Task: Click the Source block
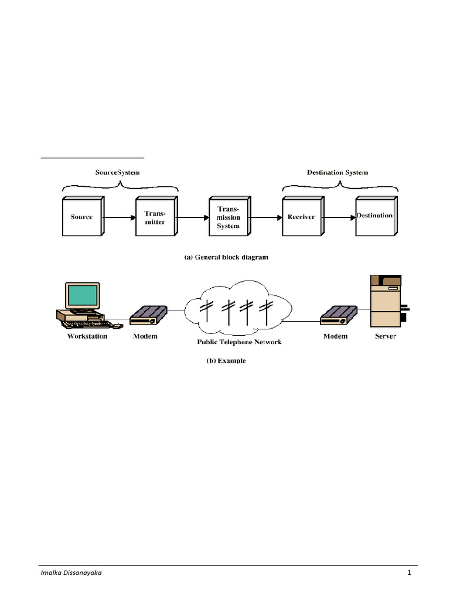click(x=83, y=216)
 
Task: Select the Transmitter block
click(x=157, y=216)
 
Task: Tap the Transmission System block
click(x=230, y=216)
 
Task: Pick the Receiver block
click(x=304, y=216)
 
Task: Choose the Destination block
click(x=377, y=216)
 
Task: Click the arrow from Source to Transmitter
click(x=120, y=218)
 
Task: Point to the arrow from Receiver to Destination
click(x=339, y=218)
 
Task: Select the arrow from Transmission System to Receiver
click(x=266, y=218)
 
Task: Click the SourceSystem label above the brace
click(x=117, y=172)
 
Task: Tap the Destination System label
click(x=337, y=172)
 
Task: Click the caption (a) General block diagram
click(x=226, y=257)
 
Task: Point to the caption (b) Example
click(x=226, y=360)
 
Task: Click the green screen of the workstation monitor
click(x=82, y=295)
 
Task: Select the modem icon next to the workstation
click(x=148, y=315)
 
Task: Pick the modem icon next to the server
click(x=339, y=315)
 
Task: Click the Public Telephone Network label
click(x=239, y=342)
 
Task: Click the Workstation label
click(x=87, y=336)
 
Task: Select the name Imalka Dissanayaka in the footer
click(x=71, y=572)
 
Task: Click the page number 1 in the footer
click(x=409, y=572)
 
